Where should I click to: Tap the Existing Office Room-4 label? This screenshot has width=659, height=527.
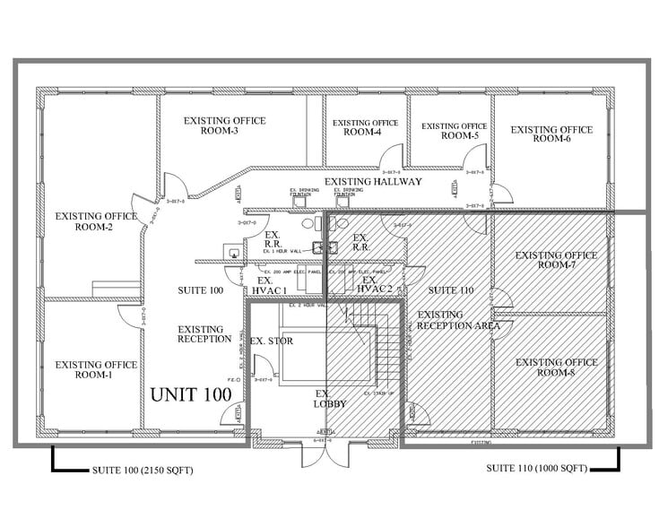pyautogui.click(x=362, y=127)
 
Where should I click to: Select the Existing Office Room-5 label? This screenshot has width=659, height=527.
pyautogui.click(x=455, y=131)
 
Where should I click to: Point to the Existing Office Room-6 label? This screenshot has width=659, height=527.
pyautogui.click(x=551, y=134)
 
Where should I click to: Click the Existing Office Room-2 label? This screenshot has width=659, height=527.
pyautogui.click(x=96, y=220)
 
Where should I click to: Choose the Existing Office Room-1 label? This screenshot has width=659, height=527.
pyautogui.click(x=96, y=369)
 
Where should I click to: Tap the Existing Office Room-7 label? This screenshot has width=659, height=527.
pyautogui.click(x=556, y=260)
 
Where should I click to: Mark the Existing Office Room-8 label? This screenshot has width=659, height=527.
pyautogui.click(x=556, y=367)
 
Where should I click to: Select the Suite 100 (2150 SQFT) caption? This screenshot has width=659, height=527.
pyautogui.click(x=143, y=470)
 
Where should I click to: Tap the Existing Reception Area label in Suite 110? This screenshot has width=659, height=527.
pyautogui.click(x=457, y=320)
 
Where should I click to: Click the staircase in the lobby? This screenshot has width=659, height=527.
pyautogui.click(x=381, y=354)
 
